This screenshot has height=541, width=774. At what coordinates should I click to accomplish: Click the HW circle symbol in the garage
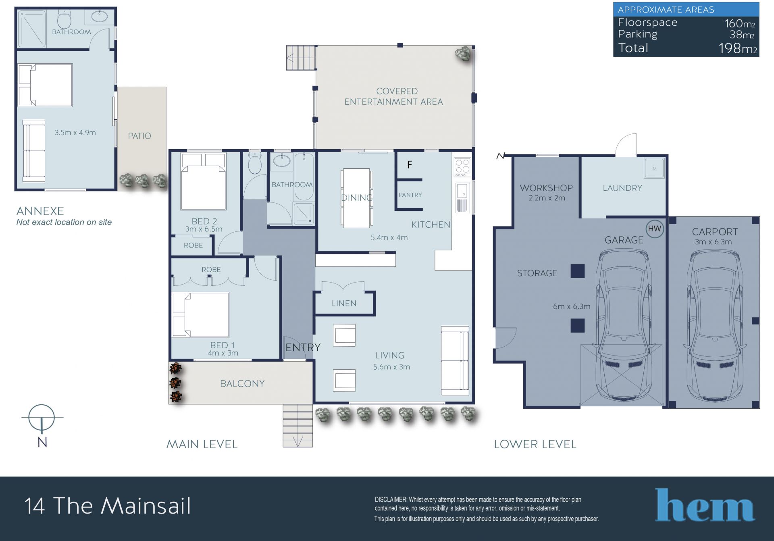(654, 229)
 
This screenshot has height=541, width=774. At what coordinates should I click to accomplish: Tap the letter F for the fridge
(410, 164)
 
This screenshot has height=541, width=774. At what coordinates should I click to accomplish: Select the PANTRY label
(410, 195)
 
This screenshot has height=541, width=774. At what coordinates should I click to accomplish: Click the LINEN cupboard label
(344, 303)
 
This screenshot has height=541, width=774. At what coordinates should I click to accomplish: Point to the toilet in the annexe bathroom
(64, 19)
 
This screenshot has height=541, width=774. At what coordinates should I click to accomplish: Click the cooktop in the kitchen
(462, 167)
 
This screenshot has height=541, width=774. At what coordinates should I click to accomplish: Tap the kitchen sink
(462, 198)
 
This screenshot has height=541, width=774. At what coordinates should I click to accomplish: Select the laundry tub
(654, 168)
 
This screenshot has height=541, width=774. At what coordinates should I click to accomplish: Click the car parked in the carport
(714, 326)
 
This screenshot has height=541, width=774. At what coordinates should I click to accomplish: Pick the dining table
(356, 198)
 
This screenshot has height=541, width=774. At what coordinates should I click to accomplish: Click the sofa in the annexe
(34, 150)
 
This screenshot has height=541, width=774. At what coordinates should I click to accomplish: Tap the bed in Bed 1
(200, 314)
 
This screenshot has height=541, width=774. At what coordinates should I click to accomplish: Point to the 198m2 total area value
(738, 48)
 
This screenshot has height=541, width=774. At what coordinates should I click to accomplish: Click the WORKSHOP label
(546, 188)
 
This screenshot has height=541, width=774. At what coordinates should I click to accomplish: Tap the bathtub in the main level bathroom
(304, 176)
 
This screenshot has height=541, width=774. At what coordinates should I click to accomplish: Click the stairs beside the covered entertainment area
(301, 58)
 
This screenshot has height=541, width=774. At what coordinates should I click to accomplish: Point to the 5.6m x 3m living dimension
(391, 367)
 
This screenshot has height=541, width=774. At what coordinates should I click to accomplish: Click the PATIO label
(139, 136)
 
